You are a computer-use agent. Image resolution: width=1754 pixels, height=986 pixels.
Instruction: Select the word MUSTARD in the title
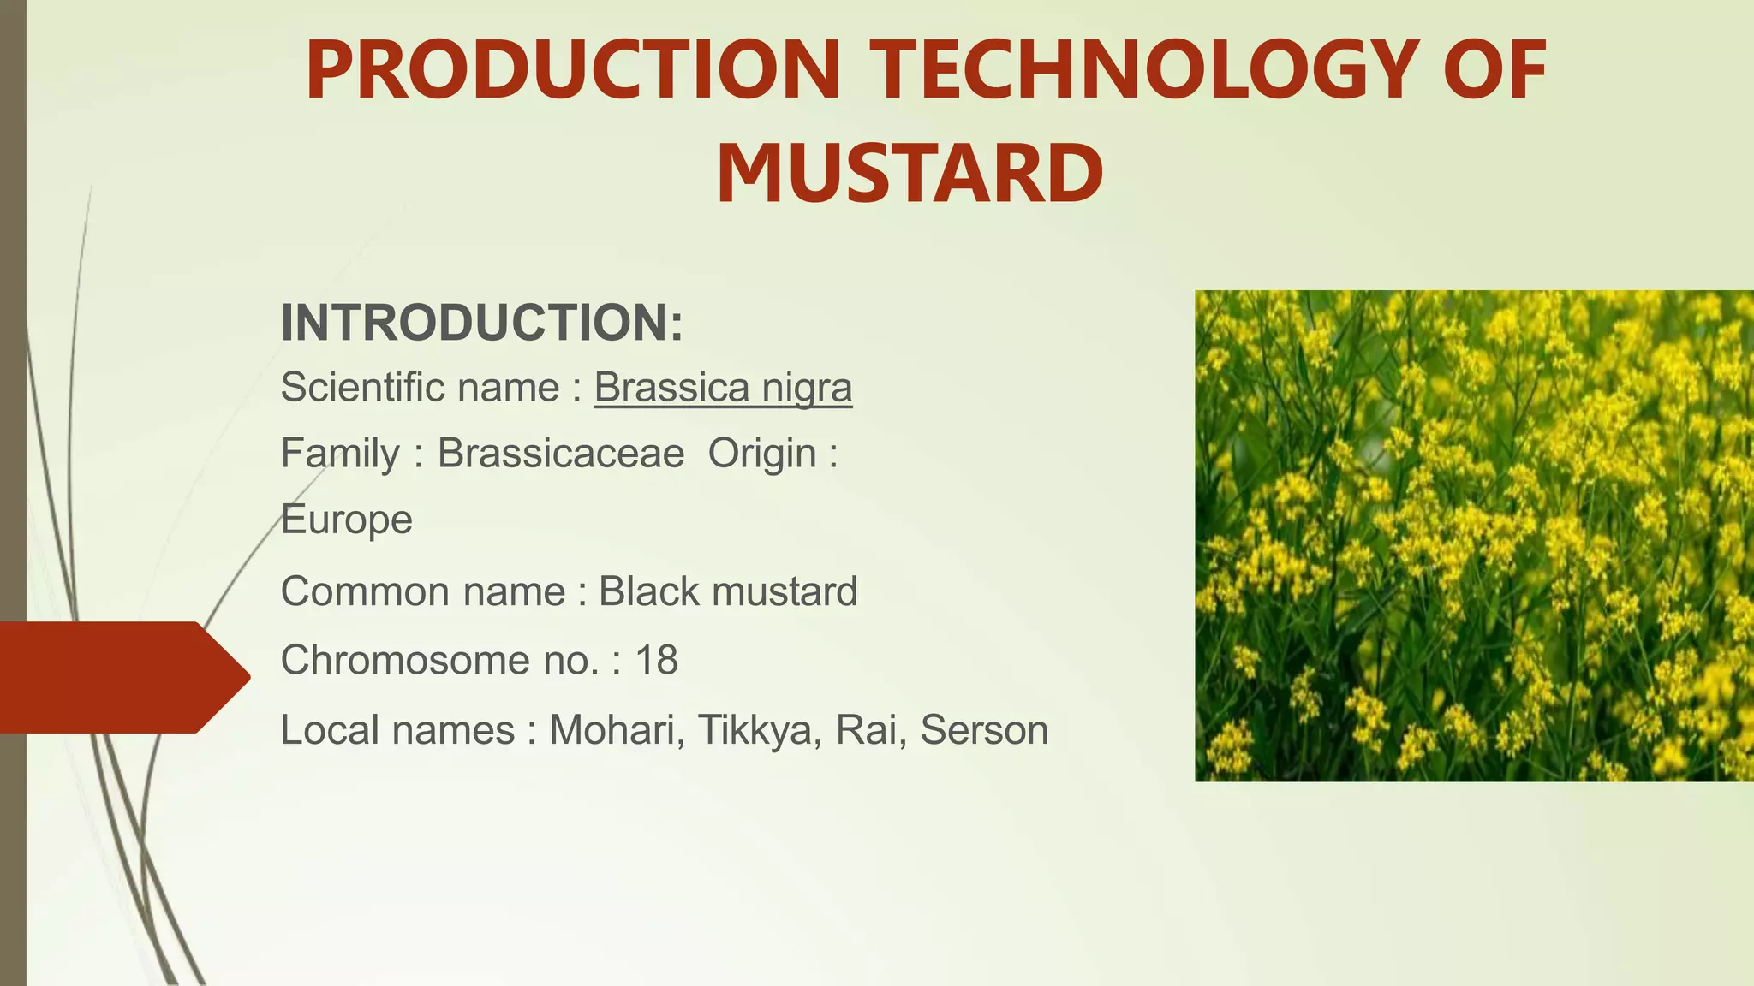click(910, 174)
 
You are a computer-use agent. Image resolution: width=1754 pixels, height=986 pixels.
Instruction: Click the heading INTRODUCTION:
click(482, 323)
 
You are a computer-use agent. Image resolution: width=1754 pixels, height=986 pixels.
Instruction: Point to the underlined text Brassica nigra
click(723, 388)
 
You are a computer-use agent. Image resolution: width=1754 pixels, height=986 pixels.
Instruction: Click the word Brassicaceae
click(561, 454)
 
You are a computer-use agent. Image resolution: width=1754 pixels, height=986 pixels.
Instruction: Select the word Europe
click(347, 520)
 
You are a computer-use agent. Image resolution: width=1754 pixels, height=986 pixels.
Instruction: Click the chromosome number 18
click(656, 661)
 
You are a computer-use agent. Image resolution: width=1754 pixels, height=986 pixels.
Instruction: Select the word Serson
click(984, 731)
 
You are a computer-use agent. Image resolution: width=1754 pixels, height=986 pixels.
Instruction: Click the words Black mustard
click(727, 591)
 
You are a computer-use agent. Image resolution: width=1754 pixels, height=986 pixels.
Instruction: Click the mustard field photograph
click(1473, 535)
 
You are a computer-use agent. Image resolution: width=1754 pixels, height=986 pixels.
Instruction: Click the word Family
click(340, 454)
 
